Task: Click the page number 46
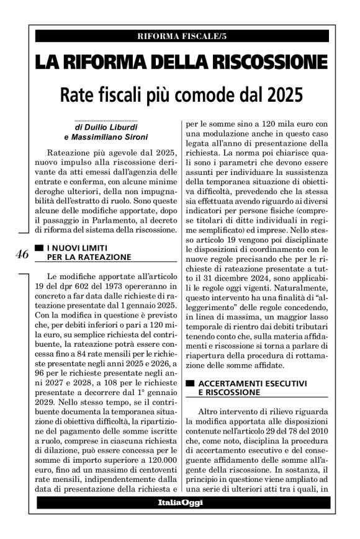pyautogui.click(x=22, y=254)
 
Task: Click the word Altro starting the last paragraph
pyautogui.click(x=209, y=412)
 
